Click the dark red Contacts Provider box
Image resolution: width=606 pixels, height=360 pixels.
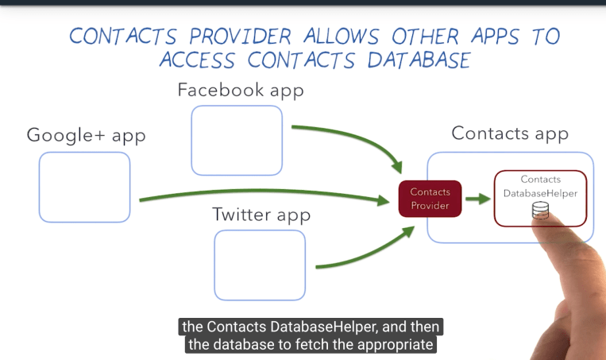[430, 199]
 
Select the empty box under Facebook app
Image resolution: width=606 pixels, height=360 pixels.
[237, 140]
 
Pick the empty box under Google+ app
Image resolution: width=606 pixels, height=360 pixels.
[84, 187]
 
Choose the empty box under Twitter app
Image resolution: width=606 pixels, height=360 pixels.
[260, 265]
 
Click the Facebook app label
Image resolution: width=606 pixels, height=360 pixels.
[241, 90]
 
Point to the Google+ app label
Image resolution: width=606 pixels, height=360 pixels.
[87, 135]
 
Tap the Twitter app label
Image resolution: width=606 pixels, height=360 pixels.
[261, 215]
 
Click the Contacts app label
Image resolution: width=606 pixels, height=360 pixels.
[510, 133]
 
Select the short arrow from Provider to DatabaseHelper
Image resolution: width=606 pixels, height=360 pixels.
[477, 199]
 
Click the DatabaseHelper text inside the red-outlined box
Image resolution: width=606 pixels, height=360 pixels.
[540, 193]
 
